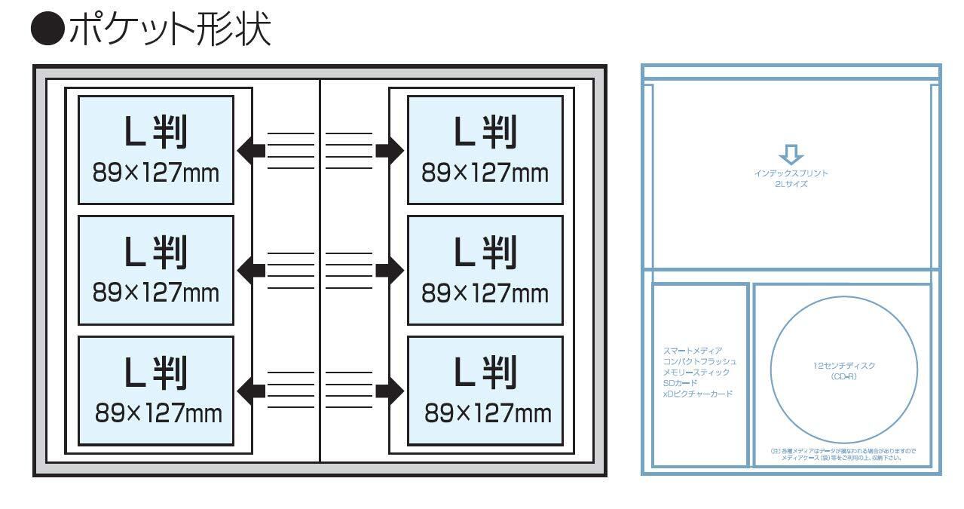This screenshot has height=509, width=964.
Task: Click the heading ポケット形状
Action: (169, 30)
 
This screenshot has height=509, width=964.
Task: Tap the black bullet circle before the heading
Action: (47, 30)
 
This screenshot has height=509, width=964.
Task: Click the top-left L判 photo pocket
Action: (155, 149)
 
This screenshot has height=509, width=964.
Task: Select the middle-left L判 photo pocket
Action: (155, 270)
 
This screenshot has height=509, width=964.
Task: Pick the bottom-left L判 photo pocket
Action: (155, 390)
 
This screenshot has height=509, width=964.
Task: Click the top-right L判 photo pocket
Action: (485, 149)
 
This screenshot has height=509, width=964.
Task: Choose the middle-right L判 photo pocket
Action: (485, 270)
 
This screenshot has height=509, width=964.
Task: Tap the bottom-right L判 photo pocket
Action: (485, 390)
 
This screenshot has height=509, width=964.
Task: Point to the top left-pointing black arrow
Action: (252, 150)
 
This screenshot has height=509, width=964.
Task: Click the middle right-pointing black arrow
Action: (389, 270)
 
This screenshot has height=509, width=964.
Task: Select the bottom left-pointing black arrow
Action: (252, 390)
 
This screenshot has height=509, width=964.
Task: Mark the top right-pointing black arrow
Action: (389, 150)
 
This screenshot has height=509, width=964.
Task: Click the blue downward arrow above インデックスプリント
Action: (791, 155)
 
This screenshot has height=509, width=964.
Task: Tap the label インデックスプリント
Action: (791, 173)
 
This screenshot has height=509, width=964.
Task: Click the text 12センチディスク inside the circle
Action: (844, 366)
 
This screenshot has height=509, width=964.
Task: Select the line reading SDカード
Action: (680, 383)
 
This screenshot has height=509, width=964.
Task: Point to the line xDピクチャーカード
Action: (697, 394)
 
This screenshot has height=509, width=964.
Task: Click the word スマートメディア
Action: (693, 351)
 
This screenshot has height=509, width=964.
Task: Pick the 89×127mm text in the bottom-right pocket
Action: (488, 413)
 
